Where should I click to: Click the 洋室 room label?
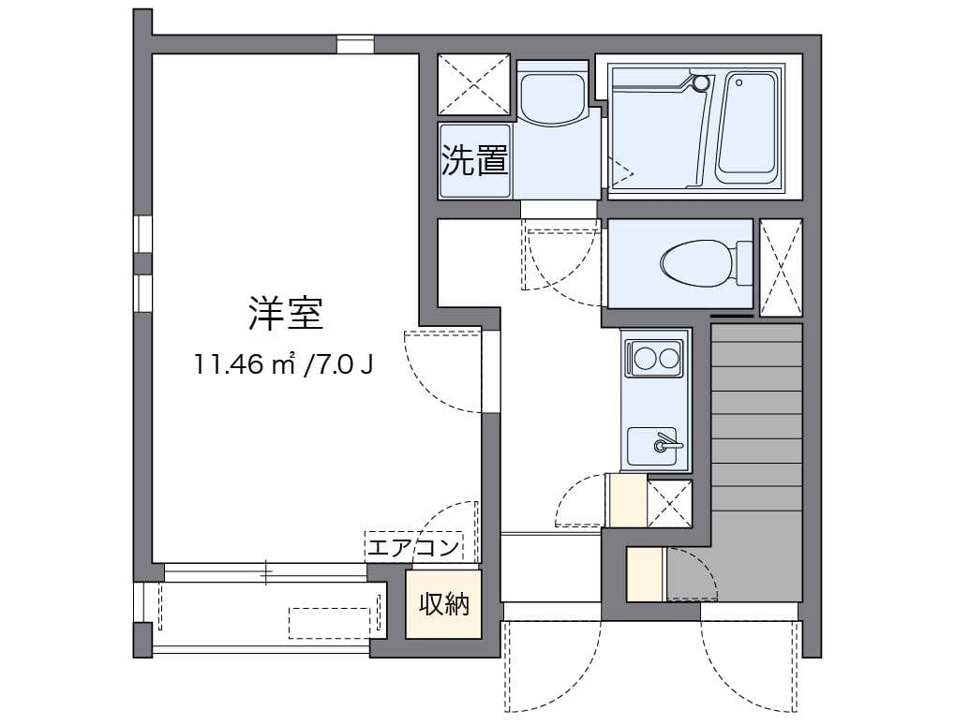286,314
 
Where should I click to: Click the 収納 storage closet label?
444,604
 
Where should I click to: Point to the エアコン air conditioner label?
413,548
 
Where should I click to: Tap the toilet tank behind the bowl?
744,263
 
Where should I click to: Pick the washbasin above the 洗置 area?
553,93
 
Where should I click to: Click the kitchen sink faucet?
664,443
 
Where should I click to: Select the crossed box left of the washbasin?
474,84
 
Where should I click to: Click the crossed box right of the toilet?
781,267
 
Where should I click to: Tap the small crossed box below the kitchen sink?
669,503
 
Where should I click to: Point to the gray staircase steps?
755,462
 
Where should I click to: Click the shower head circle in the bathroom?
702,81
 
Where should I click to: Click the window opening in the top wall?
356,44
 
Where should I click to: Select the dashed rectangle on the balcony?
330,623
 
